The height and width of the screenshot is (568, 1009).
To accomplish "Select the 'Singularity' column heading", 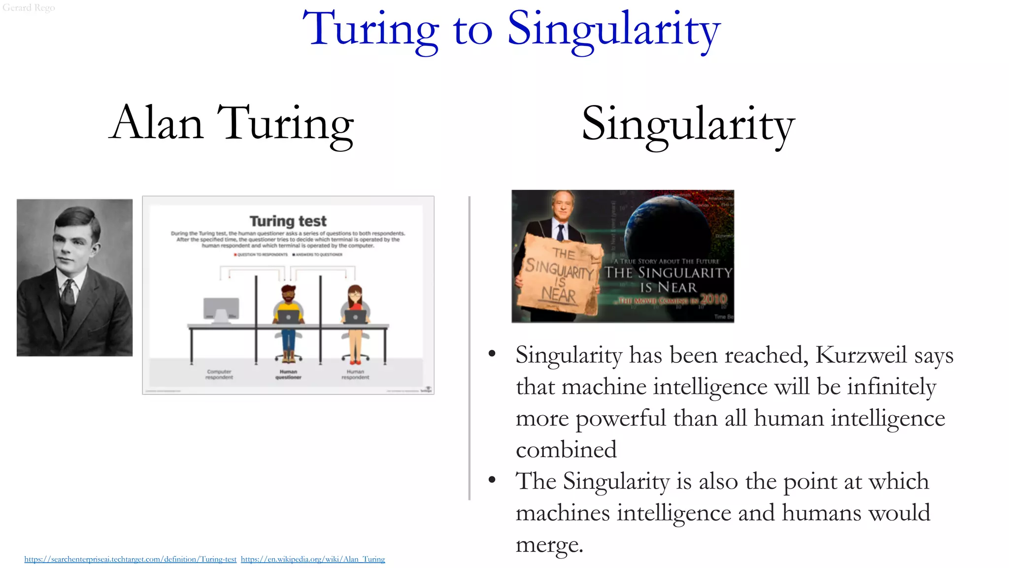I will click(688, 124).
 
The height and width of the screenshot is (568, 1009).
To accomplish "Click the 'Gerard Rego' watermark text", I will click(29, 7).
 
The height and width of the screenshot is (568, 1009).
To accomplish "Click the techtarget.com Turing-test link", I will click(130, 559).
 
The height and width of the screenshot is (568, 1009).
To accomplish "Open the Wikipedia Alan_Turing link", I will click(313, 559).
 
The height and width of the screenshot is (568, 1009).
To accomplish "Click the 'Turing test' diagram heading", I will click(288, 221).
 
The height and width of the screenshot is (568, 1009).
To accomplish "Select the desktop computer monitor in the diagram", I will click(221, 309).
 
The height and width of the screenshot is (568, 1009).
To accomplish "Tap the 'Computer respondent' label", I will click(219, 374).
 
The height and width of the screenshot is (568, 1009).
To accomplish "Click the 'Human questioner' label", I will click(288, 374).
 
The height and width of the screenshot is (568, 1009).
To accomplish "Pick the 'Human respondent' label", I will click(355, 374).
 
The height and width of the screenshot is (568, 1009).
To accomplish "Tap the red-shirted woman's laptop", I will click(355, 317).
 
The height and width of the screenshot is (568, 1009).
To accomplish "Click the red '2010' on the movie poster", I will click(713, 299).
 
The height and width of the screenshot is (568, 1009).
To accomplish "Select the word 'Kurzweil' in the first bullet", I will click(861, 355).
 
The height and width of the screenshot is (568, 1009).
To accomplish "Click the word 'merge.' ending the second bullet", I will click(549, 544).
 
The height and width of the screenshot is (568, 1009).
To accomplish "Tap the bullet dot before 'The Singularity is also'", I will click(492, 480).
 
